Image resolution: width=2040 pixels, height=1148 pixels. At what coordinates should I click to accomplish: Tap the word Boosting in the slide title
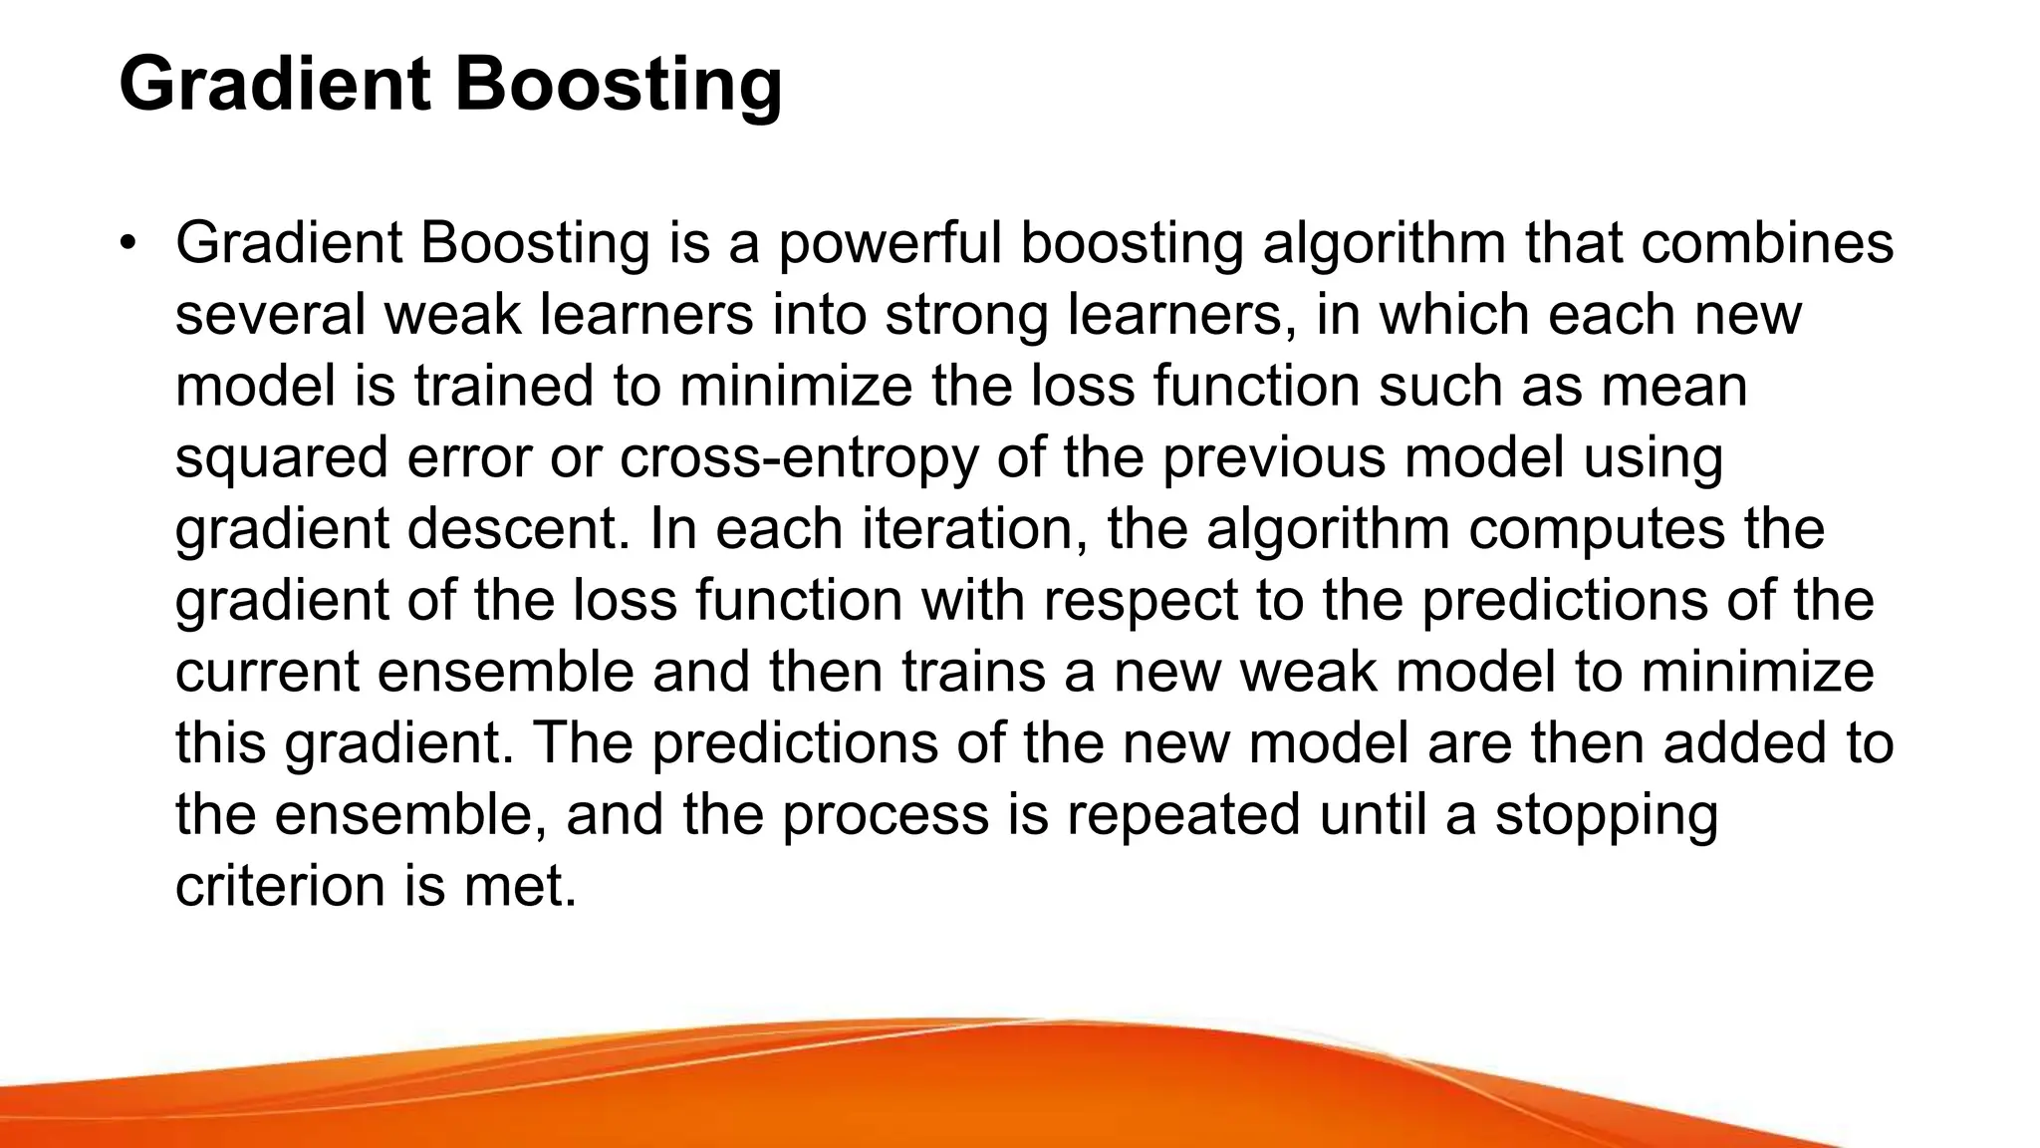(x=619, y=84)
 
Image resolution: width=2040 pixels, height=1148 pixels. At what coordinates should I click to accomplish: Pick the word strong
(x=966, y=316)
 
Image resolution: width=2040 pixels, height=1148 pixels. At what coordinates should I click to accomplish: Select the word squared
(x=281, y=458)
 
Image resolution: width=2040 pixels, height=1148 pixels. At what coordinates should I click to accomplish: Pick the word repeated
(x=1183, y=815)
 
